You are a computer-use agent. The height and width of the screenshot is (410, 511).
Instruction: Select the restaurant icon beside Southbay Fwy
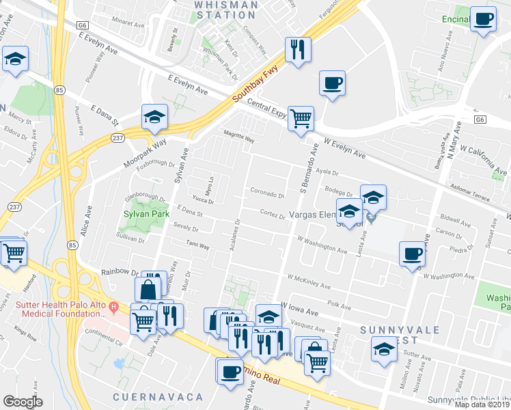(x=298, y=50)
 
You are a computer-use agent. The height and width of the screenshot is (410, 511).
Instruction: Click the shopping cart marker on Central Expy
(x=301, y=119)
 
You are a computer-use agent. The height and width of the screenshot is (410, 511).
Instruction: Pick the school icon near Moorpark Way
(x=155, y=117)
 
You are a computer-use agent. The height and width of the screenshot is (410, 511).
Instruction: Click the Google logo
(x=23, y=402)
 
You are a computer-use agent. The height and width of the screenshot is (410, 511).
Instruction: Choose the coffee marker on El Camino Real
(x=230, y=372)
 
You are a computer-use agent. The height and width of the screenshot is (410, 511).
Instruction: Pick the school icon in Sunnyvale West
(x=383, y=351)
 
